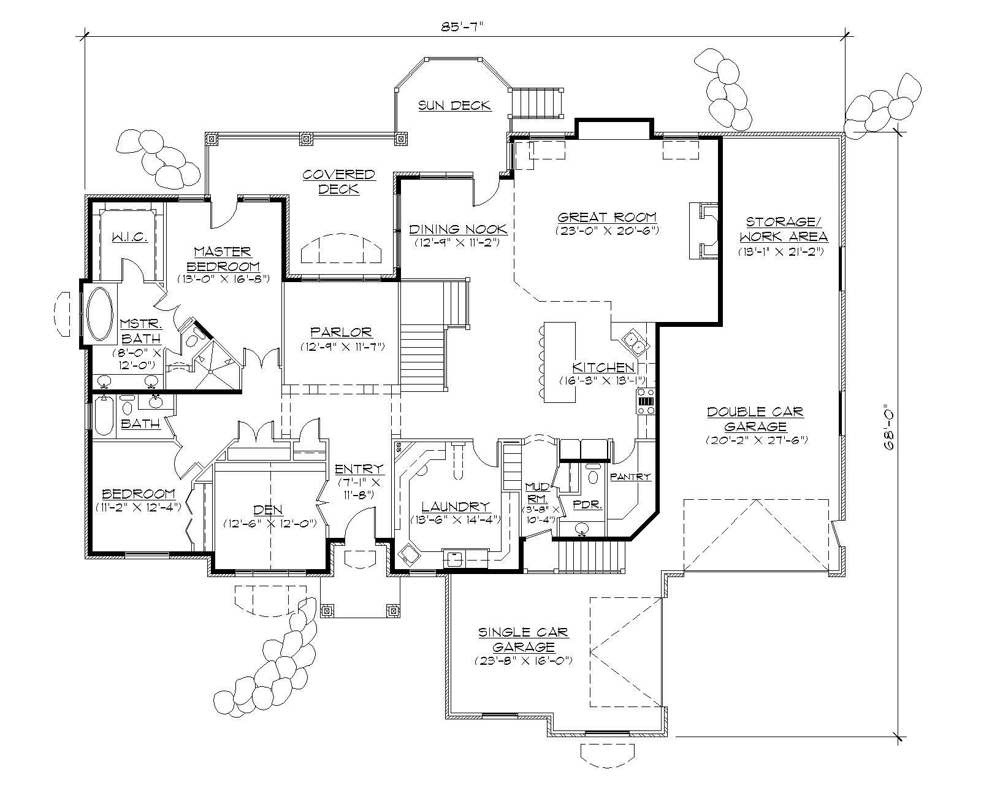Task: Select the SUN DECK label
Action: coord(454,105)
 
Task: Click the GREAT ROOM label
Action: coord(606,217)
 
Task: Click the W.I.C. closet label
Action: coord(129,237)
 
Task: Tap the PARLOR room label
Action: coord(341,332)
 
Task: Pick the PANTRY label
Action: coord(630,476)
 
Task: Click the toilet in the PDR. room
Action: coord(592,475)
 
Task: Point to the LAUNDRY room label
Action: coord(456,507)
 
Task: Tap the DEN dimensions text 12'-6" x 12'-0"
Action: coord(270,523)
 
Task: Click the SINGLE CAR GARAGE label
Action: coord(523,639)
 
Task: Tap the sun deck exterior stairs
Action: coord(536,102)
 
